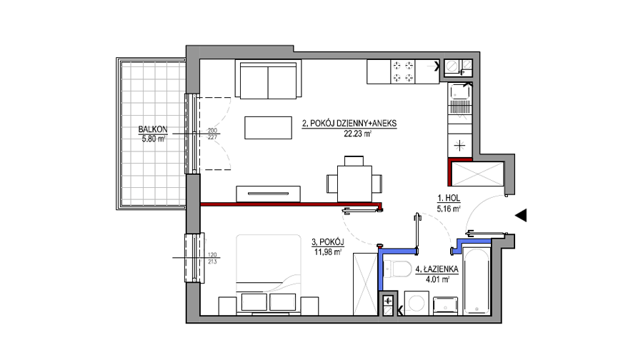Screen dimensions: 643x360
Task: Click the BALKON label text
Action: click(x=153, y=129)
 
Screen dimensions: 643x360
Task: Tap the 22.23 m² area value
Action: click(x=358, y=134)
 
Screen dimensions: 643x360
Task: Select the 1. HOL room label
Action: click(x=449, y=199)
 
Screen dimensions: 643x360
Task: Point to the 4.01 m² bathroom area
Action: click(x=437, y=279)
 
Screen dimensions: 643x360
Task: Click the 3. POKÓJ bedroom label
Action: click(x=328, y=242)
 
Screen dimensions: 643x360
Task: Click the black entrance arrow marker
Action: click(x=521, y=215)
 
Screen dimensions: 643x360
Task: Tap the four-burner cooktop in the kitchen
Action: click(x=403, y=71)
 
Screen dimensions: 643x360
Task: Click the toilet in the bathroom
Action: click(x=398, y=268)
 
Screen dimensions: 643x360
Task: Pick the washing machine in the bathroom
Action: click(x=417, y=303)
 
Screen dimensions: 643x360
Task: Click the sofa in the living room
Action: click(x=268, y=79)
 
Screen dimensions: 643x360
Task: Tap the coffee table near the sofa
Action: click(x=268, y=128)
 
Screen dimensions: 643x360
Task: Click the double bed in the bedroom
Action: click(x=269, y=274)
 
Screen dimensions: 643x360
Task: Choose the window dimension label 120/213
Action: click(x=212, y=259)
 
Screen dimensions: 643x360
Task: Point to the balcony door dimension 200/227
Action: click(x=212, y=134)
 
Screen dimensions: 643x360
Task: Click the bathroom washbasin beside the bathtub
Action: click(x=445, y=306)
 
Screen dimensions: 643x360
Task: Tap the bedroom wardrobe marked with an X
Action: click(x=365, y=284)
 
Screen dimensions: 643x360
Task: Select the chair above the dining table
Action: click(x=354, y=161)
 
